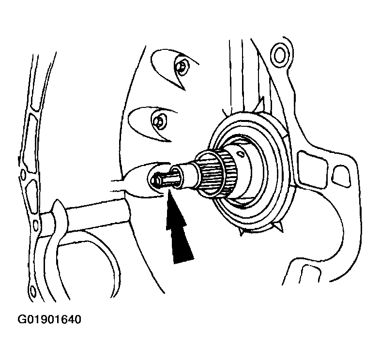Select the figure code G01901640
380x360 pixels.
(49, 319)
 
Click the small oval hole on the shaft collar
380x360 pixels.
(240, 153)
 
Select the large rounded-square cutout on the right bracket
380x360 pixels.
(311, 169)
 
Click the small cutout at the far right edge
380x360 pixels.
(340, 174)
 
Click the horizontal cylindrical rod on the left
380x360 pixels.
(97, 214)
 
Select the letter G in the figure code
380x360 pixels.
(22, 319)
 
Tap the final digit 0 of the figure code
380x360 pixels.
(77, 319)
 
